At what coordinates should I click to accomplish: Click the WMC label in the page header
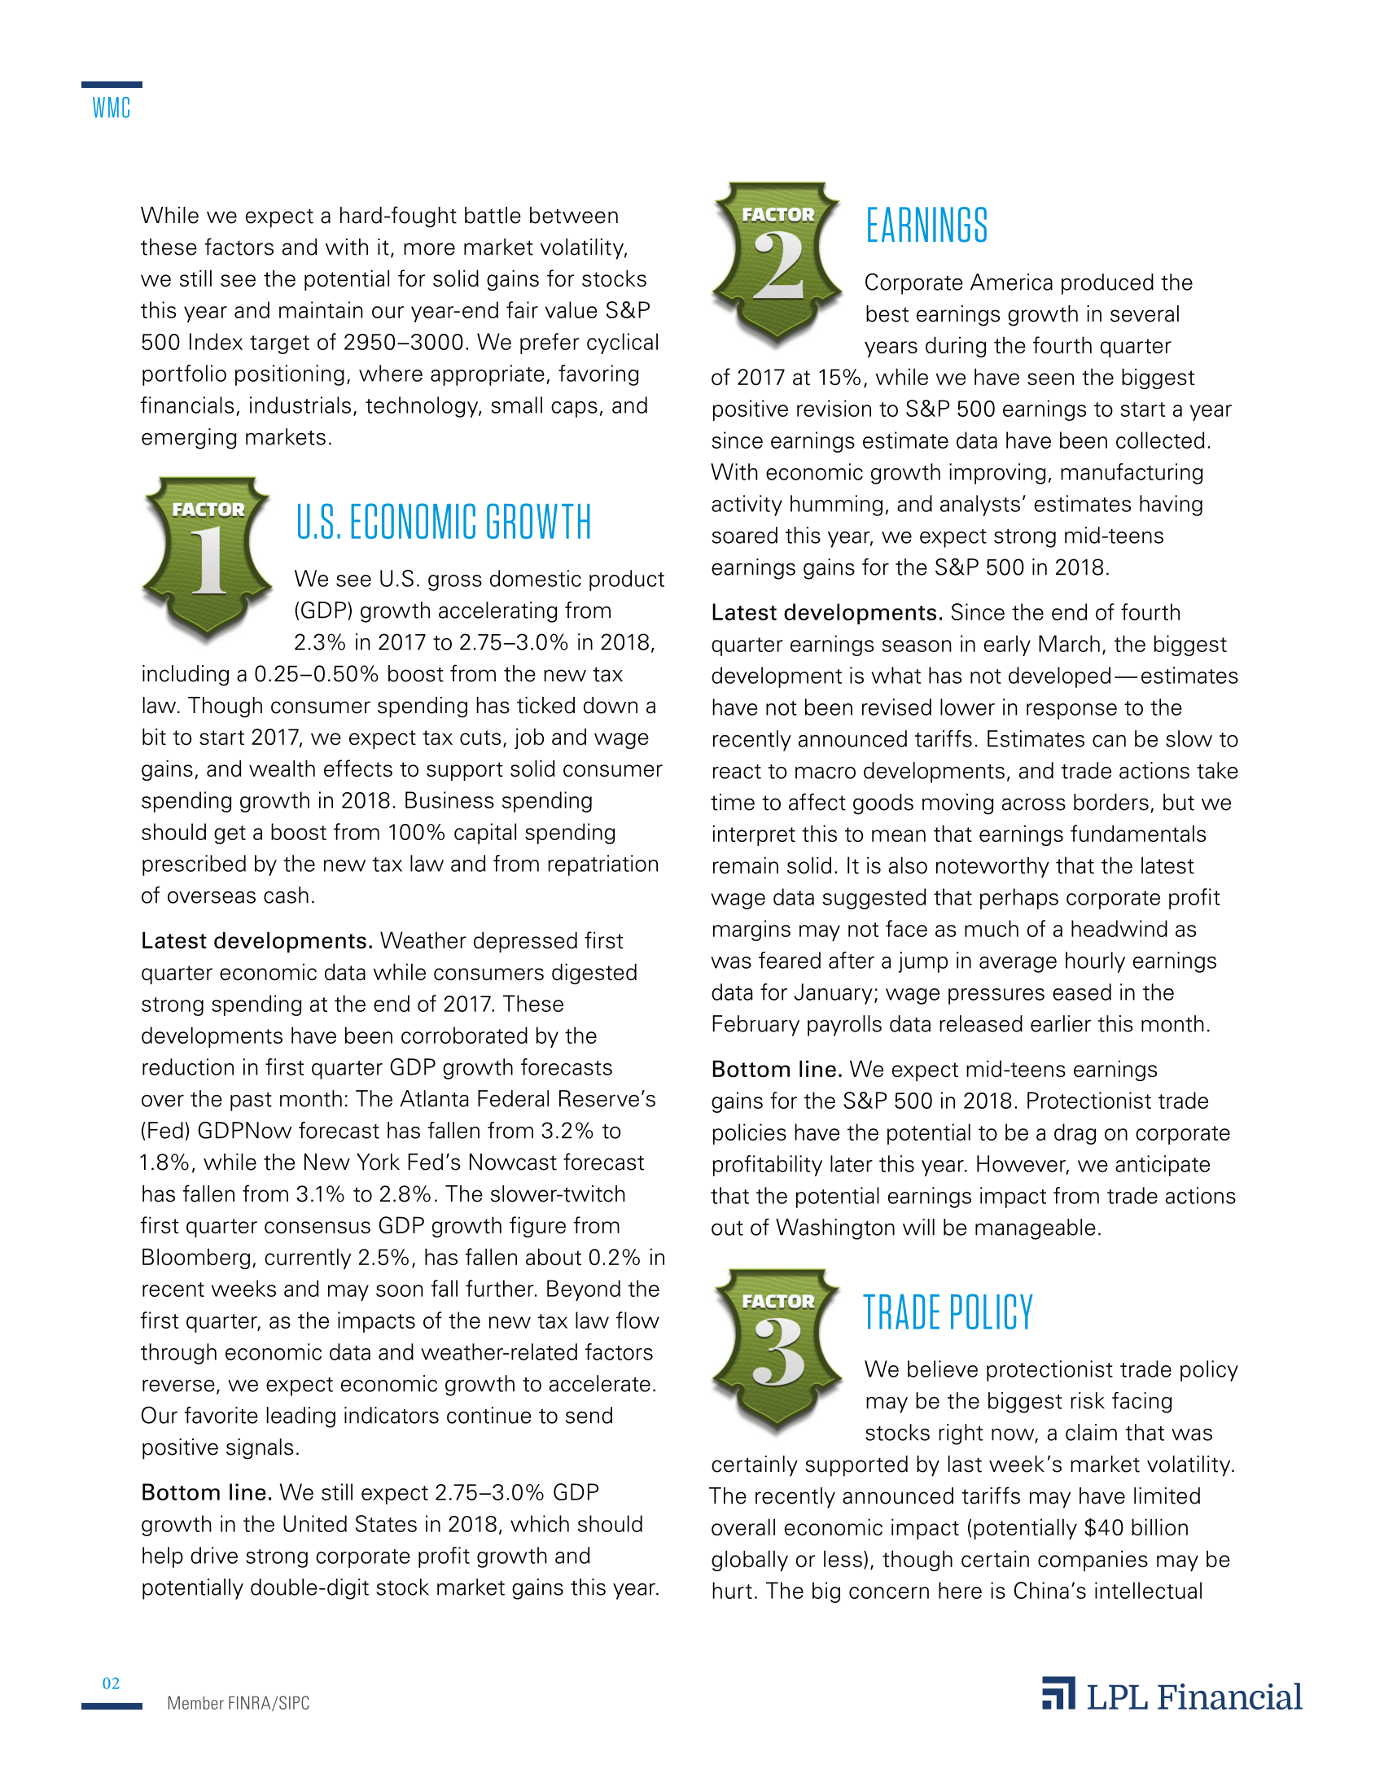(111, 108)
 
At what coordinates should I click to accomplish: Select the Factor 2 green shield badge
(777, 261)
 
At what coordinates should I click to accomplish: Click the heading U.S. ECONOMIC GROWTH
(444, 523)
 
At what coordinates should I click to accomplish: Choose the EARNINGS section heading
(926, 226)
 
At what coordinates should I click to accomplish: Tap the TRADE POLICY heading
(948, 1313)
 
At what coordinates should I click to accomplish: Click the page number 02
(111, 1684)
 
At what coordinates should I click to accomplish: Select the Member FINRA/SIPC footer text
(239, 1703)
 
